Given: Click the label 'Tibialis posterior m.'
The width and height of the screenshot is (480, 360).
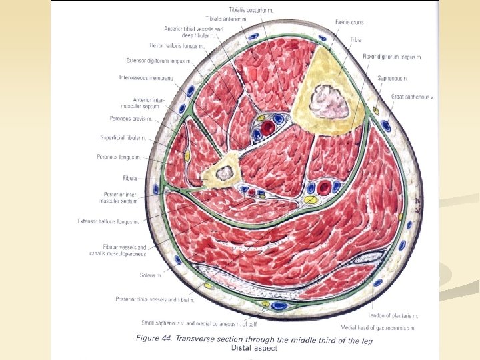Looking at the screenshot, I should click(252, 11).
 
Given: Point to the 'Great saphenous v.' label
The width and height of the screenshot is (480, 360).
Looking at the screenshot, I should click(413, 97).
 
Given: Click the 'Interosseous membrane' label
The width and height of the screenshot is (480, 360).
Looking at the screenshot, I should click(146, 78).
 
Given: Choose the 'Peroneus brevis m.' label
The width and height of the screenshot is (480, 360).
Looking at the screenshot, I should click(132, 119).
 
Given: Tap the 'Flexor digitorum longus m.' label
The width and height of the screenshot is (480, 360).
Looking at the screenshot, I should click(393, 57).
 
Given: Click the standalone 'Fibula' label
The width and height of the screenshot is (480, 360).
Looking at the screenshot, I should click(130, 179).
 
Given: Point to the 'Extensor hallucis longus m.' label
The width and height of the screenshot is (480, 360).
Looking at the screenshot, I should click(108, 221).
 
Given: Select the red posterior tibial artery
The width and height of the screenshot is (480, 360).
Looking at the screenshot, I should click(325, 187).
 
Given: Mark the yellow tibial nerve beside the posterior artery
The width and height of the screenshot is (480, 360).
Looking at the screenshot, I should click(309, 199).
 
